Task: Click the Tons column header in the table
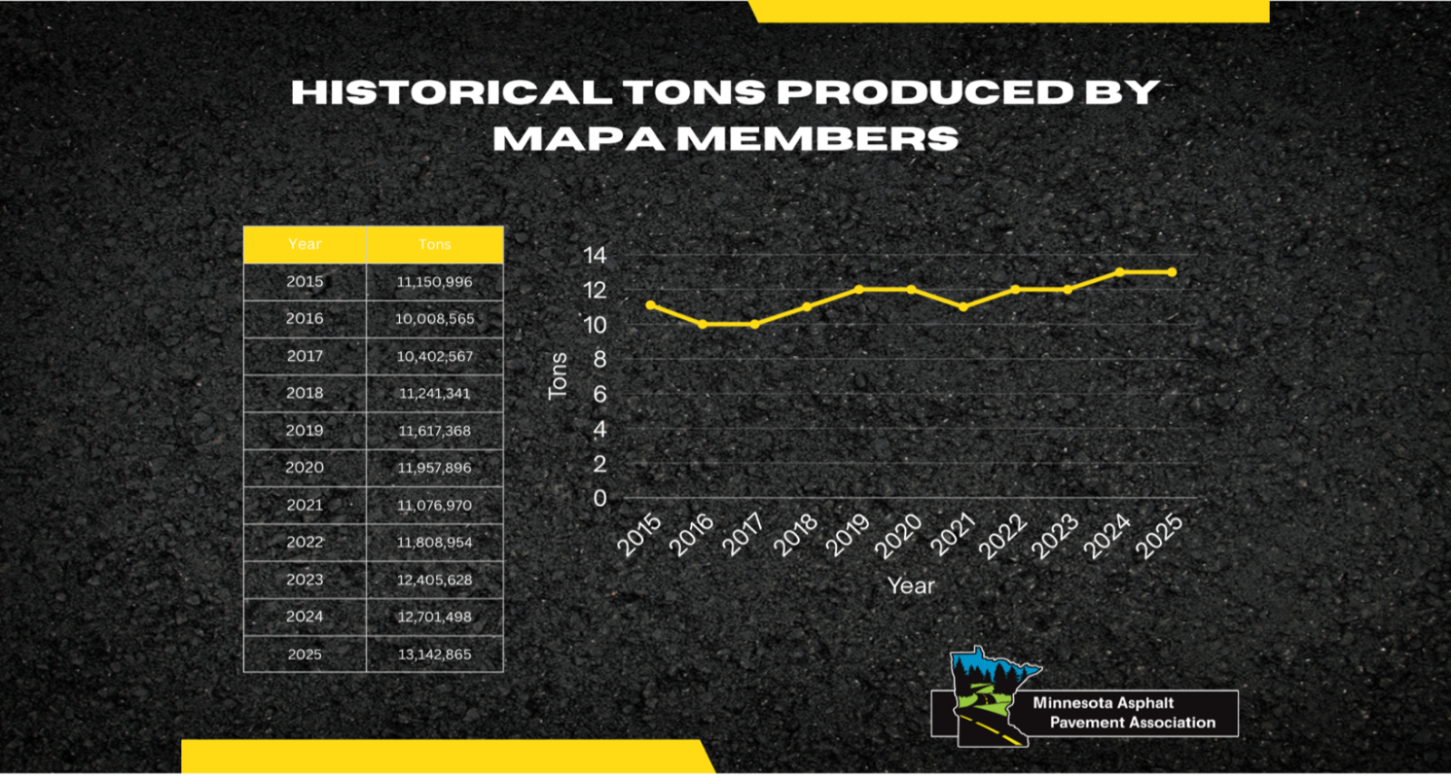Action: [434, 245]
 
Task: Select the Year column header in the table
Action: [305, 245]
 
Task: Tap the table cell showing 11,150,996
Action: [434, 282]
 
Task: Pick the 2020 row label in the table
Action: [305, 468]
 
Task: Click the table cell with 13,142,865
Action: [434, 655]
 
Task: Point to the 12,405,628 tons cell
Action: [434, 580]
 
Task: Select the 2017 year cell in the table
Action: [305, 356]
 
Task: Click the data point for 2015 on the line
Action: [650, 306]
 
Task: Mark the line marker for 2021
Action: [963, 306]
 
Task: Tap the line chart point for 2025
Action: [1172, 272]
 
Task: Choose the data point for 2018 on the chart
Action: [807, 306]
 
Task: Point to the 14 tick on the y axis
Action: [595, 256]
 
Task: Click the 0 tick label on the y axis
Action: [599, 499]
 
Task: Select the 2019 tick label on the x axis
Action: [848, 535]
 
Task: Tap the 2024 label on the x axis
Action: [1107, 535]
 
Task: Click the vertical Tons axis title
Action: [558, 375]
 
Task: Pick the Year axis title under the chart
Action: [911, 586]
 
